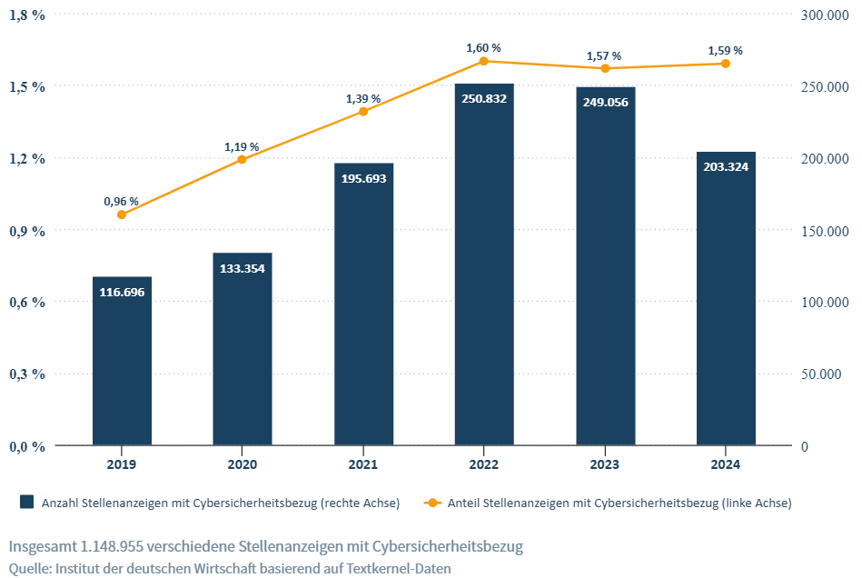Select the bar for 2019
122,364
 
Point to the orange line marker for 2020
242,160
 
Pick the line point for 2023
604,68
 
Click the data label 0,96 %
121,201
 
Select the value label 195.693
363,178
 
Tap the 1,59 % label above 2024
725,50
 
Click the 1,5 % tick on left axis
26,86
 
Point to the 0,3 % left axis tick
26,374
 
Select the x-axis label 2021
362,464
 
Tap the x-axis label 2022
483,464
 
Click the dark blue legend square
26,502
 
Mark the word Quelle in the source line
29,568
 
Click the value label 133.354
243,268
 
